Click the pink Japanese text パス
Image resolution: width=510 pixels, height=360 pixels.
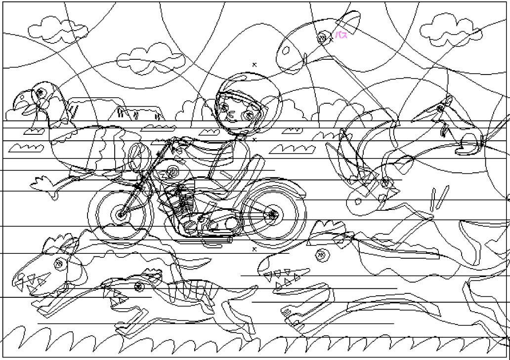pyautogui.click(x=341, y=35)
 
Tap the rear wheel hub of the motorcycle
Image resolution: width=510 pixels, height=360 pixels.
pyautogui.click(x=272, y=214)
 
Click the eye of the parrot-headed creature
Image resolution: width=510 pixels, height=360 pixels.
pyautogui.click(x=39, y=92)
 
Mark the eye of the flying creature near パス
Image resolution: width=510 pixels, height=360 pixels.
pyautogui.click(x=322, y=37)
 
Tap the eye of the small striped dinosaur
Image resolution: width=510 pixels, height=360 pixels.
pyautogui.click(x=138, y=286)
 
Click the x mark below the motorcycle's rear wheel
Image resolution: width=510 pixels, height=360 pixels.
pyautogui.click(x=255, y=249)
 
